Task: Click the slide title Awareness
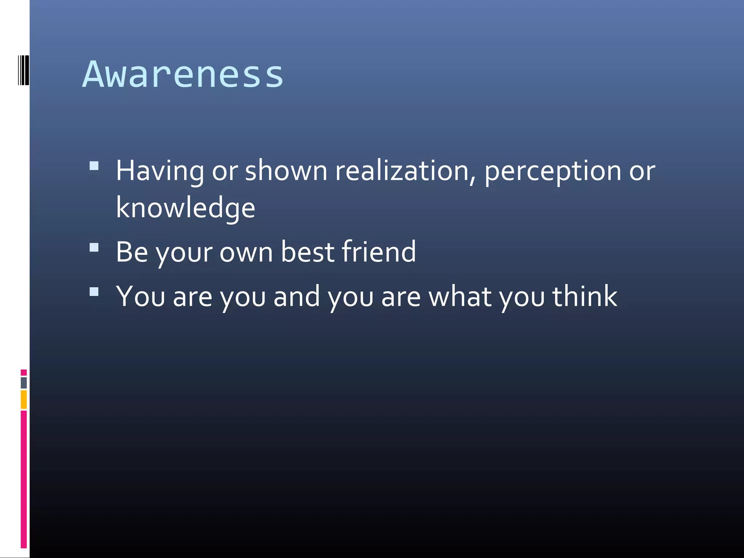(x=183, y=74)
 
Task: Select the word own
(x=246, y=252)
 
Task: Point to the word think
(x=585, y=296)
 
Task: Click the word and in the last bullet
(x=296, y=296)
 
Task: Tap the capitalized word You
(x=140, y=296)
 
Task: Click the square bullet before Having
(x=94, y=166)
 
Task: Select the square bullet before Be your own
(x=94, y=247)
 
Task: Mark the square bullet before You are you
(x=94, y=292)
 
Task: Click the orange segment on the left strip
(x=24, y=400)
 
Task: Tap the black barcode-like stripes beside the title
(x=23, y=70)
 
